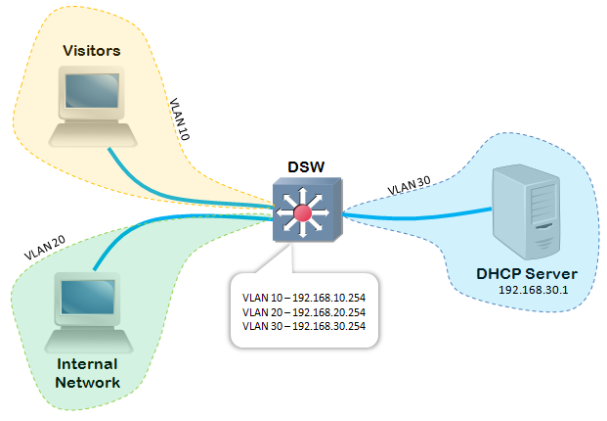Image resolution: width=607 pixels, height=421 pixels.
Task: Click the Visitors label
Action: (90, 49)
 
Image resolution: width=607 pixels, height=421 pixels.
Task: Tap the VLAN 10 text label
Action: (179, 118)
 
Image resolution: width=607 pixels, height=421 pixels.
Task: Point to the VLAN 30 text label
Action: (410, 184)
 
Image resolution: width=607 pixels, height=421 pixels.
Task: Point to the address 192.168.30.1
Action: (534, 291)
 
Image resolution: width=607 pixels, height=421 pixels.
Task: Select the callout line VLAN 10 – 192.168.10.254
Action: (304, 294)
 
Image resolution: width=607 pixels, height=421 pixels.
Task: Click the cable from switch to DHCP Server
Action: (420, 210)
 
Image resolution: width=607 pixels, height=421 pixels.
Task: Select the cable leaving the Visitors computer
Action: (176, 181)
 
